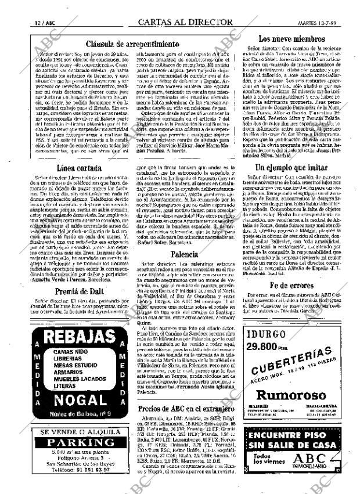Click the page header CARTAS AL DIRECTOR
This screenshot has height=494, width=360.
(x=185, y=22)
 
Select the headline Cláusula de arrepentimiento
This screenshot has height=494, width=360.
(x=132, y=44)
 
